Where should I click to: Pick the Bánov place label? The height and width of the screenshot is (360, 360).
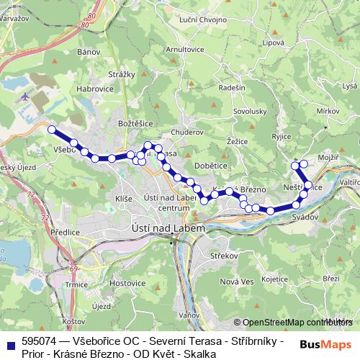tap(88, 52)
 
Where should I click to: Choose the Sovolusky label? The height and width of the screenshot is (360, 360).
tap(250, 112)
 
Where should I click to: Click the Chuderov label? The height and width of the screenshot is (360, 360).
tap(189, 132)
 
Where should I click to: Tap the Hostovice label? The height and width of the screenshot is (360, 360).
tap(127, 283)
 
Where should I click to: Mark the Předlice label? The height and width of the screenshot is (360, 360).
tap(65, 233)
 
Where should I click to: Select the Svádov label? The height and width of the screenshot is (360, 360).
tap(306, 217)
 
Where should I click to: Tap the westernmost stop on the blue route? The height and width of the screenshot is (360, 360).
tap(51, 130)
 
